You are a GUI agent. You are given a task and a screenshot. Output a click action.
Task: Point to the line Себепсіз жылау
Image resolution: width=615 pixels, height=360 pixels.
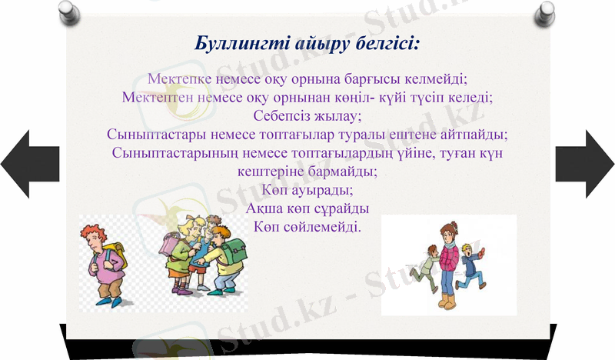tap(307, 115)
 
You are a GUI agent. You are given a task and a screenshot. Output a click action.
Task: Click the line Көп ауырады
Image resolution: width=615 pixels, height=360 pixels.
tap(307, 189)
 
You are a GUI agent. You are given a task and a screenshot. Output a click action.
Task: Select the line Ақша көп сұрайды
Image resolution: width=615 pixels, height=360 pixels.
tap(307, 208)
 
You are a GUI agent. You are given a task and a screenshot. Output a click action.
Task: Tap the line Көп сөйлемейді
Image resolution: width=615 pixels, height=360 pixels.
tap(307, 227)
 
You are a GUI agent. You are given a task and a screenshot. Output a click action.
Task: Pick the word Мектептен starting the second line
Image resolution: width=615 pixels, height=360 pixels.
tap(157, 97)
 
